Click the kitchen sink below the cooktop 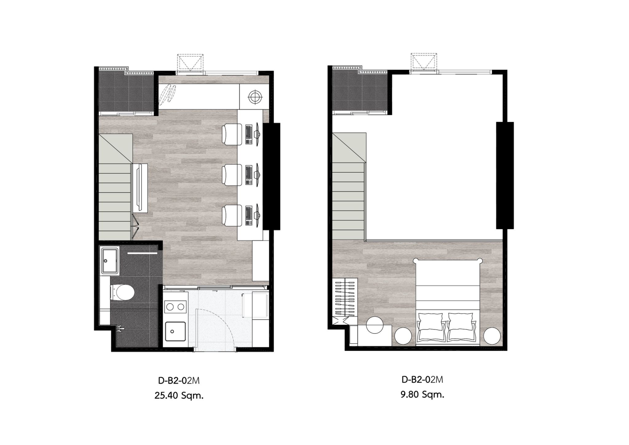(x=175, y=331)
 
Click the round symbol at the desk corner (x=254, y=97)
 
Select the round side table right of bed (x=492, y=336)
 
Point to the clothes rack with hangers (x=346, y=297)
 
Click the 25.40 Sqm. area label (x=179, y=395)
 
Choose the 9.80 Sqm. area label (x=422, y=394)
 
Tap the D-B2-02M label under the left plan (x=179, y=380)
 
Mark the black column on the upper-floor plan (x=505, y=175)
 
